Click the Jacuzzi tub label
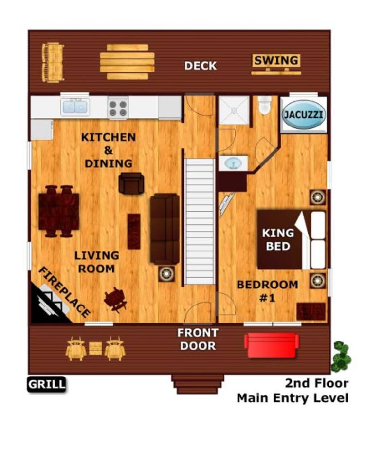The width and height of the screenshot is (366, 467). [303, 114]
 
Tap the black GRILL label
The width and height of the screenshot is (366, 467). [47, 384]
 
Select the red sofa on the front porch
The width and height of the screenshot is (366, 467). [272, 344]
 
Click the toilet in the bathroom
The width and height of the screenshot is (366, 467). [265, 105]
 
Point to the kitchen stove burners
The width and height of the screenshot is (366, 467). [118, 108]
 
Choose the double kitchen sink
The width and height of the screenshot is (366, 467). [74, 107]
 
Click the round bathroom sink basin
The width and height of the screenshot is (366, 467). [233, 163]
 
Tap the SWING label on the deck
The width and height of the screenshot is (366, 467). [276, 60]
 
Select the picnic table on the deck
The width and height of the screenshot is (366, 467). [127, 62]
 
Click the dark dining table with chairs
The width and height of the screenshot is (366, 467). [59, 211]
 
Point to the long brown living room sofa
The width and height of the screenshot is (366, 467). [165, 229]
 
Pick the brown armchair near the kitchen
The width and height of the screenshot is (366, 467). [131, 183]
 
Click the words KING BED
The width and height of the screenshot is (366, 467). [278, 239]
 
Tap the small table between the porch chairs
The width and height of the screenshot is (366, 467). [95, 348]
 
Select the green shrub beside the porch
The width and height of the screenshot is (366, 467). [342, 357]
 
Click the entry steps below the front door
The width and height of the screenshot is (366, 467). [198, 384]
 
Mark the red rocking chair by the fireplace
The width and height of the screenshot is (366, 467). [115, 300]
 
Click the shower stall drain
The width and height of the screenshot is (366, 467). [234, 110]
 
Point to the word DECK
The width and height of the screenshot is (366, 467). [201, 66]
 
